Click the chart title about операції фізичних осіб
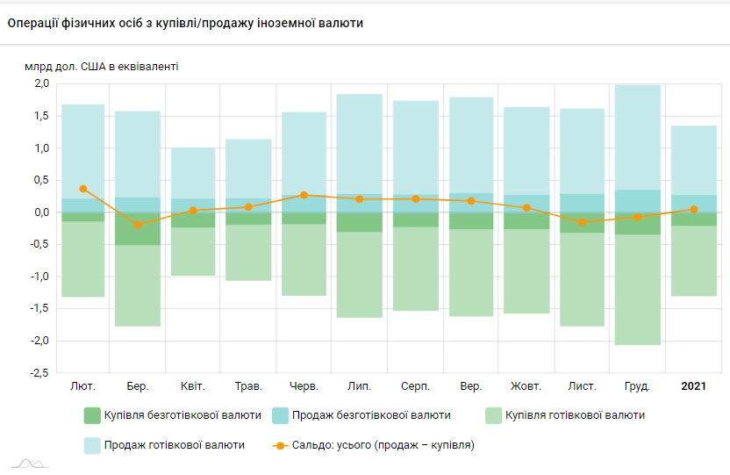point(185,23)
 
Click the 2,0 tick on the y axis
point(41,83)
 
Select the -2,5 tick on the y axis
point(39,373)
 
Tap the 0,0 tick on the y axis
point(41,212)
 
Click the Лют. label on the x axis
point(82,385)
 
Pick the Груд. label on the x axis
point(637,385)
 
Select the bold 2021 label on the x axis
point(693,385)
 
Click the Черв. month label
point(304,385)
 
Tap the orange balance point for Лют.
point(83,189)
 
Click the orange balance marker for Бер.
point(138,225)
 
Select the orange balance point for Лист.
point(582,222)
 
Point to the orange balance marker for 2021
point(693,209)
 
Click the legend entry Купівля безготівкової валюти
point(172,415)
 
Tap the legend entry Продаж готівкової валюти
point(164,445)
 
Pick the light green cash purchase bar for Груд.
point(637,290)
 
